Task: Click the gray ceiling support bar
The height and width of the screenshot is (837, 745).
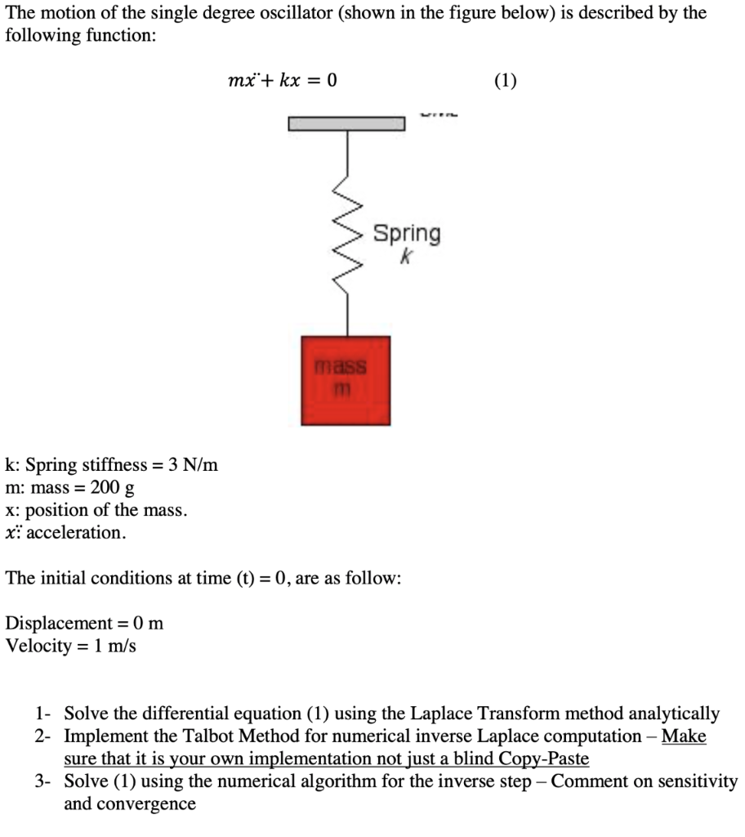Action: point(346,123)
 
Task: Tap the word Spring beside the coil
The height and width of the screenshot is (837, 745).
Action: point(407,234)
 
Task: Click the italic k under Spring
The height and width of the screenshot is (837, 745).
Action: point(406,257)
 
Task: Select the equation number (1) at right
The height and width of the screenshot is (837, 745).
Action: point(506,80)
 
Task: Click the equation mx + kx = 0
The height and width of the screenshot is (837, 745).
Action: point(282,80)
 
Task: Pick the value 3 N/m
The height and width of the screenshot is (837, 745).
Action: point(193,466)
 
